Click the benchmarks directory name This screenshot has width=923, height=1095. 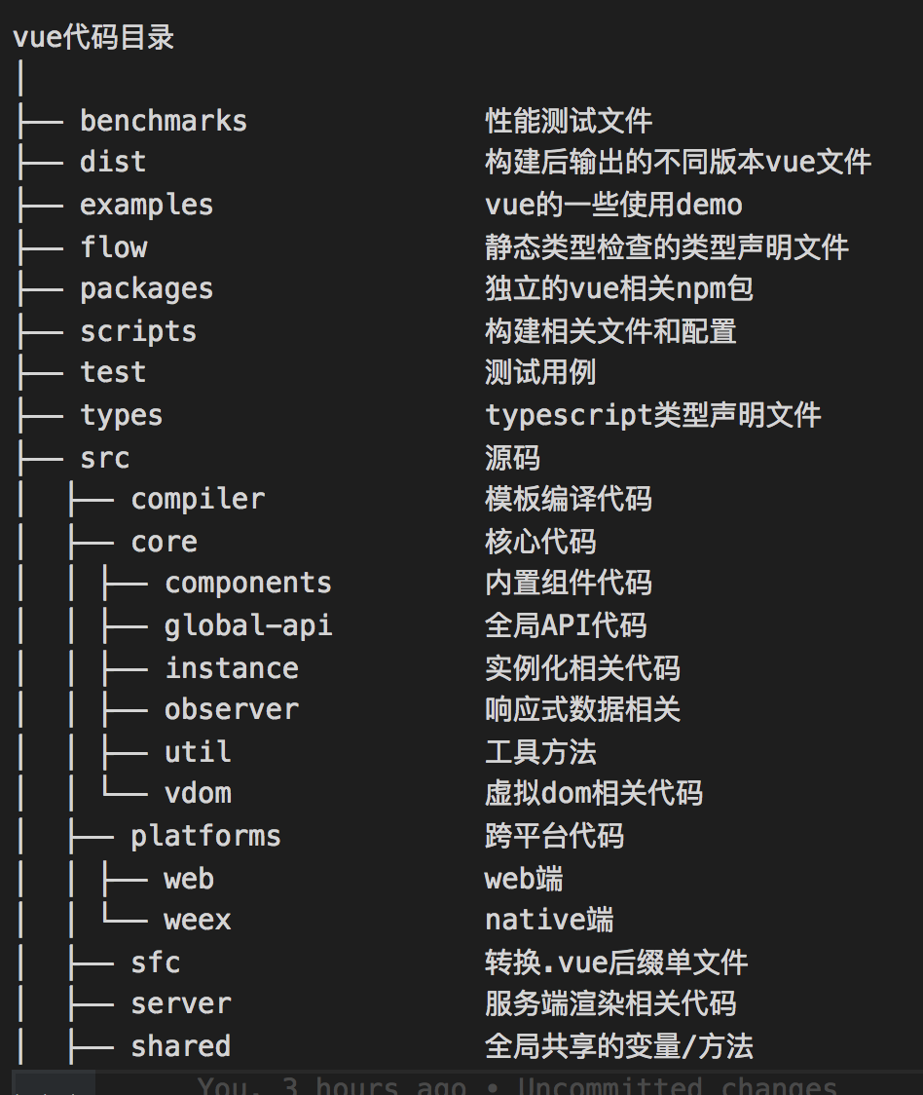point(163,121)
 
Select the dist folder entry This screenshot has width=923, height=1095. point(113,162)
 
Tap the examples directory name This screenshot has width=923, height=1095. point(146,205)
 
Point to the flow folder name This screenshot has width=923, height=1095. point(113,247)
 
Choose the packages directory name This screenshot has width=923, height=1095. point(146,289)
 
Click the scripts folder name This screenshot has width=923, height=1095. point(138,331)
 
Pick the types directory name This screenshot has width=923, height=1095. point(121,416)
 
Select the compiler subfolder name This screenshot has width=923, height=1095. point(198,500)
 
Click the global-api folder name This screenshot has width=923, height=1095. point(248,625)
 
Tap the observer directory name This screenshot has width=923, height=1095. point(232,710)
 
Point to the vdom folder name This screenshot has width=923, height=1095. point(198,793)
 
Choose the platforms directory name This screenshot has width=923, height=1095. point(205,836)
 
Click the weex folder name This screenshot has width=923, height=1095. point(198,920)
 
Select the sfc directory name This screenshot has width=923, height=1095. point(156,963)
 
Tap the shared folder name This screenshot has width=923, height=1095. point(181,1046)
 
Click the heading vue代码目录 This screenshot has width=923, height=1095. point(93,38)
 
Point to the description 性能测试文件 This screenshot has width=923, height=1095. point(569,121)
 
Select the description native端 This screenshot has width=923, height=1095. point(549,920)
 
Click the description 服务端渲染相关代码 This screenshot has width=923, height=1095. point(610,1004)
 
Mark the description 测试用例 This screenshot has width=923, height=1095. point(540,373)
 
